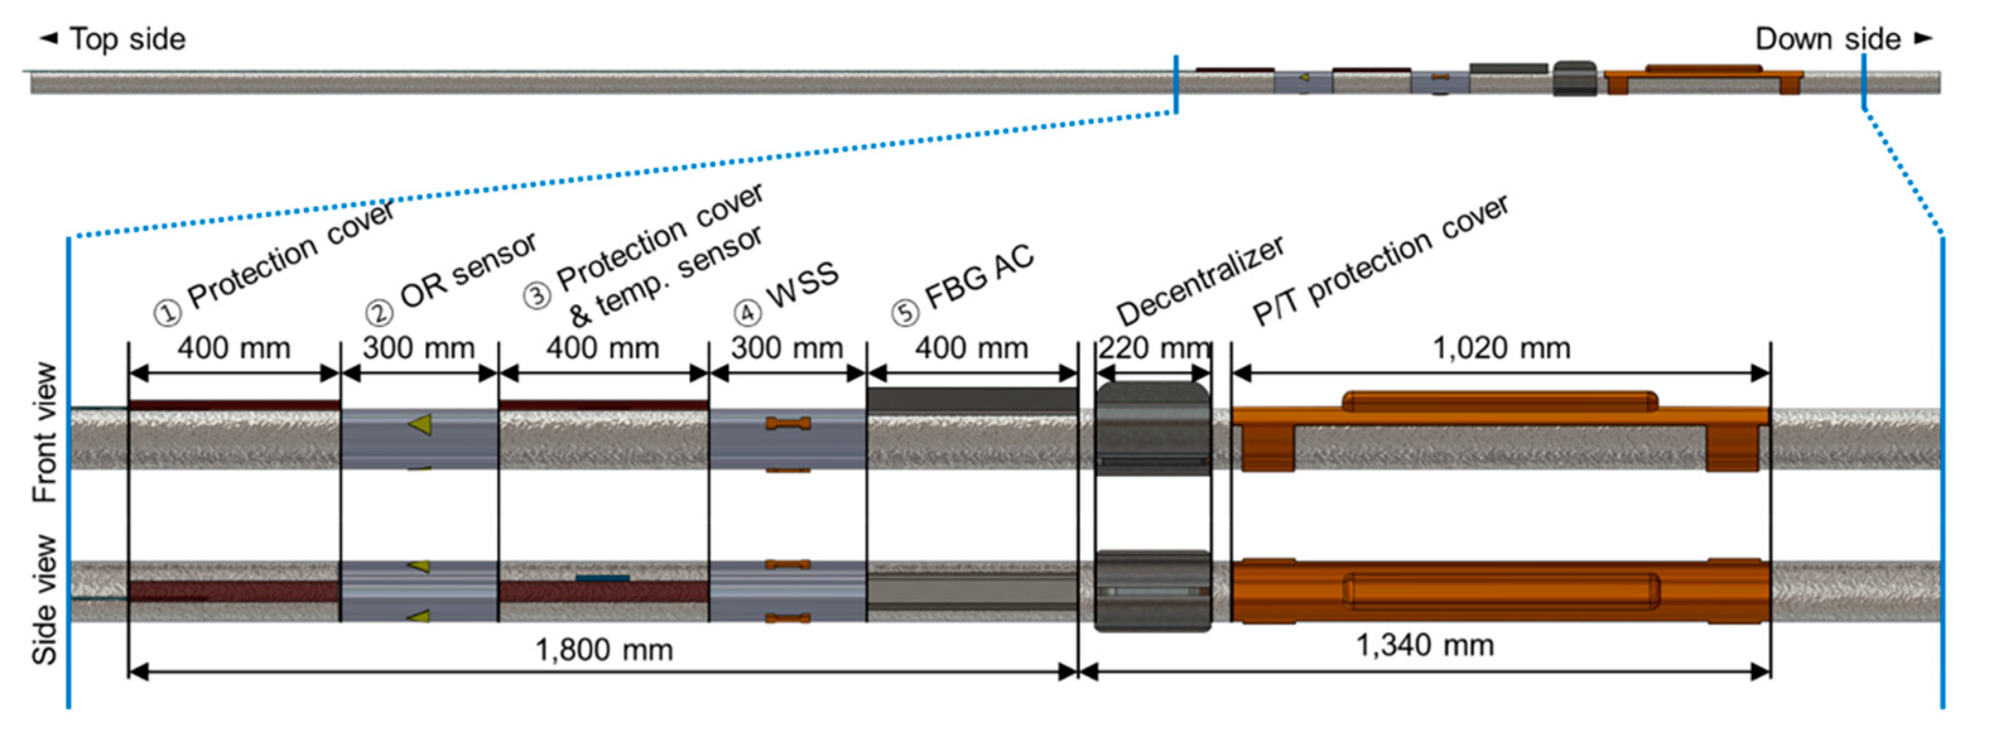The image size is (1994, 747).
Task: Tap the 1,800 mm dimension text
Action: (x=604, y=649)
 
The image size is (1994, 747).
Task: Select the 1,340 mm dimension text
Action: (x=1424, y=645)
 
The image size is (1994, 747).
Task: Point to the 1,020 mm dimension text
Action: (x=1502, y=348)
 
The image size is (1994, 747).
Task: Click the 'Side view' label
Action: (x=45, y=600)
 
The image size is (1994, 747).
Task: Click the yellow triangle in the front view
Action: (x=420, y=424)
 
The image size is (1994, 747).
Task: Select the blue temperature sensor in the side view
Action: (x=602, y=577)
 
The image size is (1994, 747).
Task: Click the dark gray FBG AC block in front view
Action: (x=971, y=400)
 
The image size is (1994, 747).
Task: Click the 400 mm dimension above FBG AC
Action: (x=971, y=348)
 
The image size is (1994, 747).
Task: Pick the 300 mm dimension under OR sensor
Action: (x=419, y=348)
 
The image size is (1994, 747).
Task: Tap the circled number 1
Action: (x=167, y=314)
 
